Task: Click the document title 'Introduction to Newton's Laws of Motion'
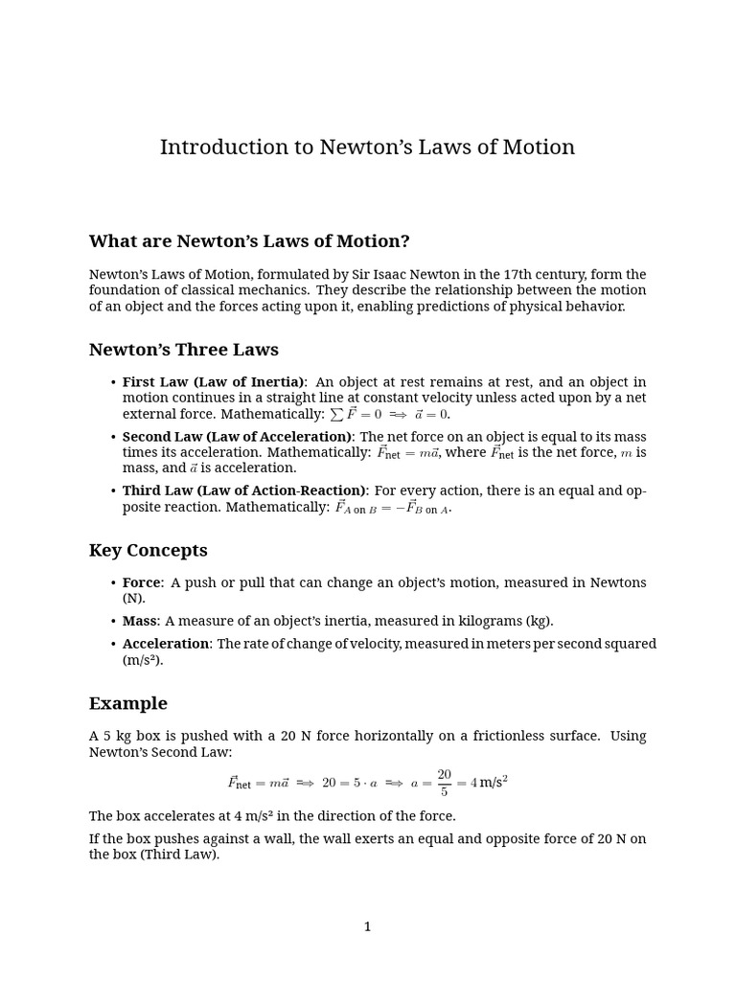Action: [367, 148]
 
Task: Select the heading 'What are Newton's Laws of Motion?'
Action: [249, 241]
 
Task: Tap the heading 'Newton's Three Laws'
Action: [183, 350]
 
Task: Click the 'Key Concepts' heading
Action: [148, 550]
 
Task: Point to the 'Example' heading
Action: [127, 703]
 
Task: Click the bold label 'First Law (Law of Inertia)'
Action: [213, 382]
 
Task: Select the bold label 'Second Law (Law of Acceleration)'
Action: [237, 437]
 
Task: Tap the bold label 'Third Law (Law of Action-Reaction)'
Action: [243, 490]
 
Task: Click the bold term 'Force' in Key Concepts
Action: [141, 582]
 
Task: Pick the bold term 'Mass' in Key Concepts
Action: [139, 621]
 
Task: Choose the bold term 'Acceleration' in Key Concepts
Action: [165, 644]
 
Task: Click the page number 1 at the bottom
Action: [367, 926]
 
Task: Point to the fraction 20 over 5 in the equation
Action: [444, 783]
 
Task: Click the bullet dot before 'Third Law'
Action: [114, 491]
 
